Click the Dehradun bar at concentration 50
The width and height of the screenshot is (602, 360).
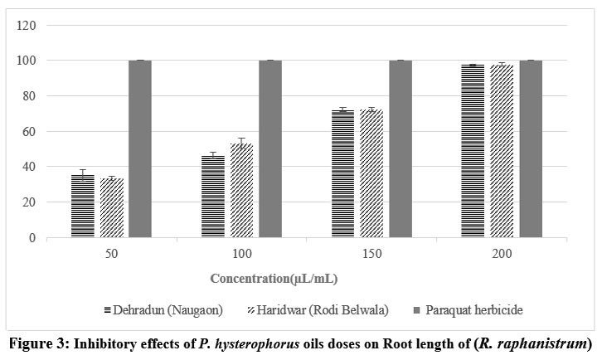[x=82, y=206]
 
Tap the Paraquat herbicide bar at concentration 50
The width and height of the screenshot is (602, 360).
[x=140, y=149]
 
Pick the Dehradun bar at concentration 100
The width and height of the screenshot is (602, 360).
[x=212, y=197]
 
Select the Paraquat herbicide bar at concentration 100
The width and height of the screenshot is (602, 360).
[x=270, y=149]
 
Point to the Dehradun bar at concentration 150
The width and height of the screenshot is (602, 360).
[x=342, y=173]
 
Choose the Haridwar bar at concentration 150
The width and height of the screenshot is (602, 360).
[x=371, y=173]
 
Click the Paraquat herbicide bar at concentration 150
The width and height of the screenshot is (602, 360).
[x=401, y=149]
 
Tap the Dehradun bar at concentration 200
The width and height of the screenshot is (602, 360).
[x=473, y=151]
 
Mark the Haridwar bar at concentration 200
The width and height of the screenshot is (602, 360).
[x=502, y=151]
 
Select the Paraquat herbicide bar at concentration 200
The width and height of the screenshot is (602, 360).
[x=531, y=149]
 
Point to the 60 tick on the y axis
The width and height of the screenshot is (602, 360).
[x=32, y=132]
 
